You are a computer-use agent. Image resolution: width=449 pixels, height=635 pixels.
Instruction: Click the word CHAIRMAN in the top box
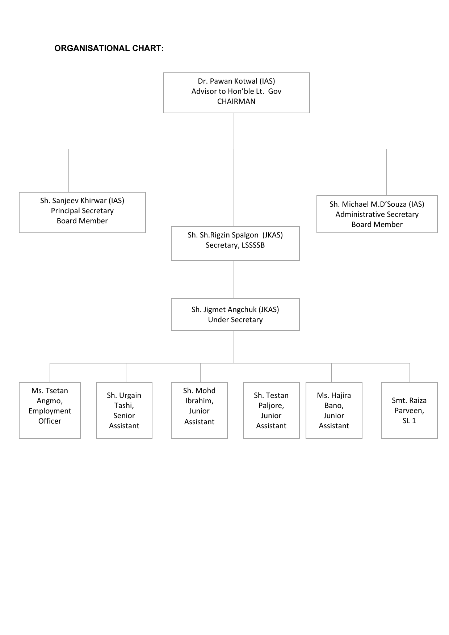point(236,101)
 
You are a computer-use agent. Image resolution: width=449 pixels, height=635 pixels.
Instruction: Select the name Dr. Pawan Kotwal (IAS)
point(236,81)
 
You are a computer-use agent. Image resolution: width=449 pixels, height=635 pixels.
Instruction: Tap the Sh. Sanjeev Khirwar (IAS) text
point(82,201)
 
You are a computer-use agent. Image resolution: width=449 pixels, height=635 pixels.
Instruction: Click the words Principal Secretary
point(82,211)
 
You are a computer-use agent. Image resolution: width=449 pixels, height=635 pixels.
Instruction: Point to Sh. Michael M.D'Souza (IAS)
point(377,204)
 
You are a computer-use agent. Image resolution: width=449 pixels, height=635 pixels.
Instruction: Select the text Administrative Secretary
point(377,214)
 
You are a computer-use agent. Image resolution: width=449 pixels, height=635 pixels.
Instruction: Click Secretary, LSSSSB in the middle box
point(235,245)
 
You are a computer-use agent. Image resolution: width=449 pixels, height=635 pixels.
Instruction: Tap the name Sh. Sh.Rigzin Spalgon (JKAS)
point(235,235)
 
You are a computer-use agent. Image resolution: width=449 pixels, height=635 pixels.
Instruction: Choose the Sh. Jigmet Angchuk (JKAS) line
point(235,310)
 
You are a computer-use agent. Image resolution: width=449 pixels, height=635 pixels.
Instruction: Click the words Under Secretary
point(235,320)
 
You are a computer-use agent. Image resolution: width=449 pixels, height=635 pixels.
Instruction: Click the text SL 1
point(409,421)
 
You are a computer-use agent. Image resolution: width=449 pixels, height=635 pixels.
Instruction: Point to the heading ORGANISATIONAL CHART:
point(109,49)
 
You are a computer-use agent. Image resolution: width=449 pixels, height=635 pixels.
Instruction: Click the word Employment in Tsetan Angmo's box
point(50,411)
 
